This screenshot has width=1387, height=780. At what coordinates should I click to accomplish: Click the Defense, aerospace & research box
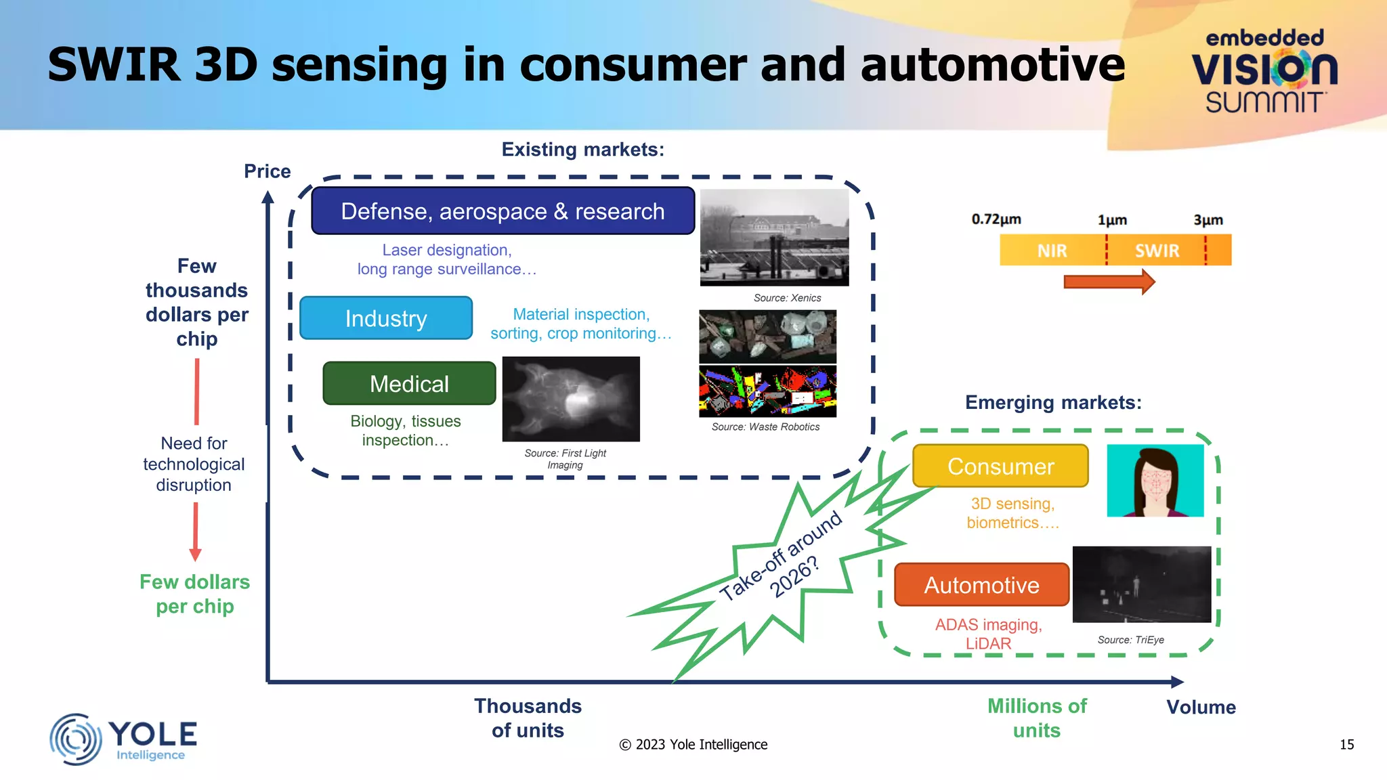pos(503,211)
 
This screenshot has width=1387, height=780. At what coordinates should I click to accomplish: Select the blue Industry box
pos(386,318)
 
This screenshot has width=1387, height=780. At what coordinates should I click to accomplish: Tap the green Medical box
pos(409,384)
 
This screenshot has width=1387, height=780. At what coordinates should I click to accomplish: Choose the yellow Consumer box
pos(1000,467)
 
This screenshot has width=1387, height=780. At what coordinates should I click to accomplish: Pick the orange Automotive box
pos(981,585)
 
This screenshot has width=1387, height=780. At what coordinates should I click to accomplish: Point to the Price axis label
pos(267,171)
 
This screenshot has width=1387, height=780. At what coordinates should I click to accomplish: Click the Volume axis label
pos(1201,708)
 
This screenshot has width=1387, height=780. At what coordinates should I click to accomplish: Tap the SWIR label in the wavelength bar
pos(1157,251)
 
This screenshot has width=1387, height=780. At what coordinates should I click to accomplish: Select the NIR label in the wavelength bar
pos(1052,251)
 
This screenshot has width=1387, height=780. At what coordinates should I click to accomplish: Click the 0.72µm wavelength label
pos(996,219)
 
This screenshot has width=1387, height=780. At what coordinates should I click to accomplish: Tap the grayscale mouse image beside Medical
pos(571,399)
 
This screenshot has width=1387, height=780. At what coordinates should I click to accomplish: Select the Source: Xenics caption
pos(787,298)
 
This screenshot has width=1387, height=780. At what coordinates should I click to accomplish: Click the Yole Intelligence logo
pos(123,739)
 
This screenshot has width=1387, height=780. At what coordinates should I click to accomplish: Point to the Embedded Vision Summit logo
pos(1264,71)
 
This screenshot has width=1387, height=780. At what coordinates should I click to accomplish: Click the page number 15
pos(1346,745)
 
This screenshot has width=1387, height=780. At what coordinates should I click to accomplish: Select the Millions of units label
pos(1036,718)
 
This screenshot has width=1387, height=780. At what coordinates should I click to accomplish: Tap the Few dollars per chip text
pos(194,594)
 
